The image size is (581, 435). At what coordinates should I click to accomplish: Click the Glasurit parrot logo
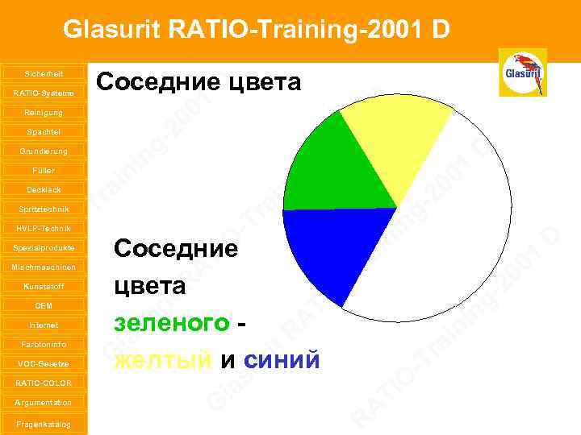[522, 72]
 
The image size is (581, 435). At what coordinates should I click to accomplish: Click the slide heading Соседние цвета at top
[198, 82]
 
